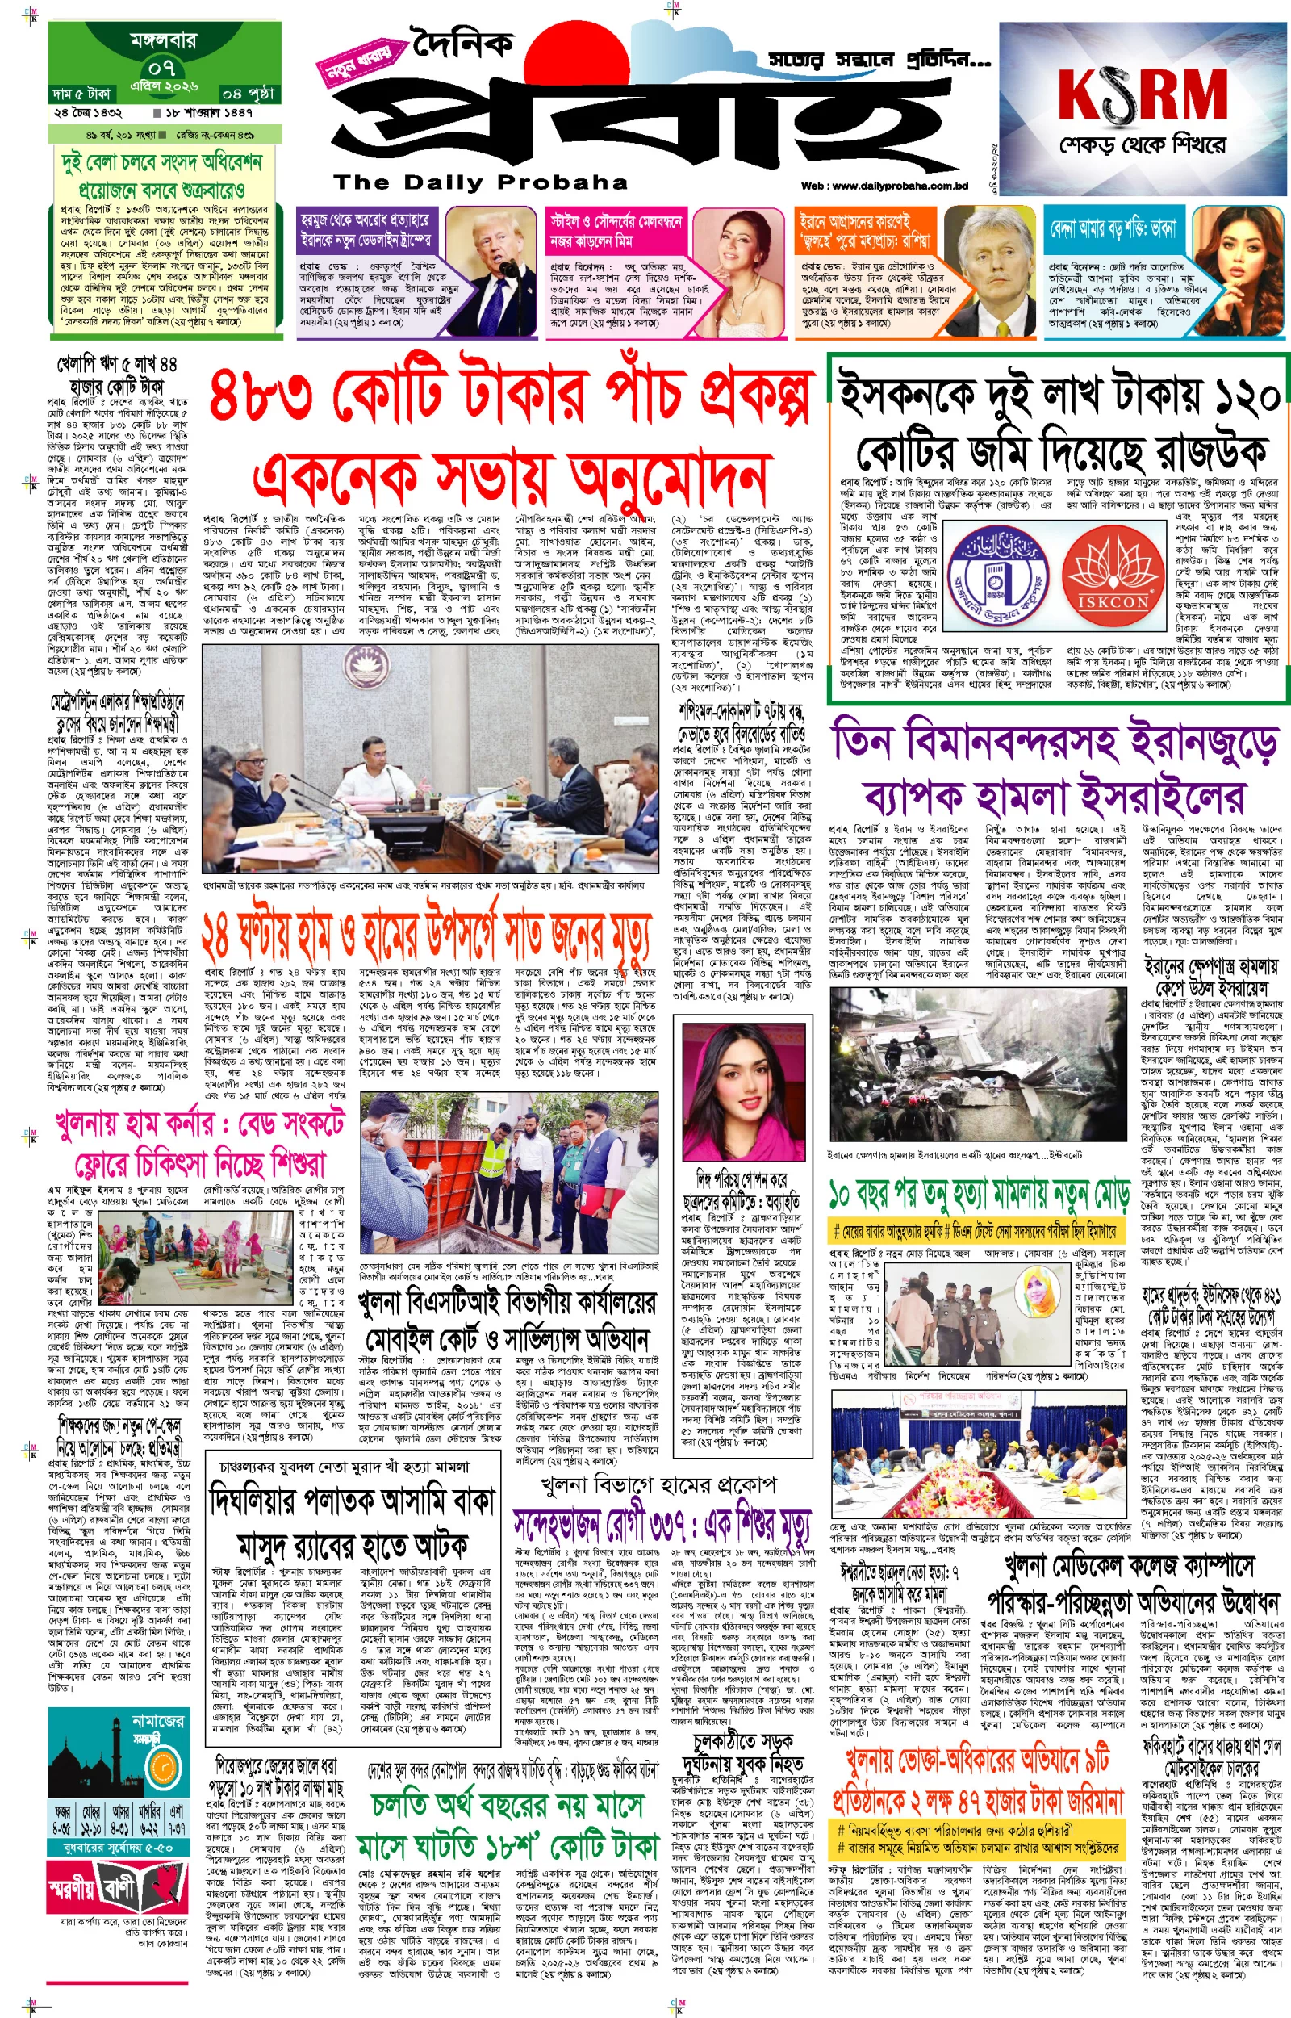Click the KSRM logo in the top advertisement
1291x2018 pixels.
[x=1142, y=94]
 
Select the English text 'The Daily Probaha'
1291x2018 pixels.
[x=480, y=182]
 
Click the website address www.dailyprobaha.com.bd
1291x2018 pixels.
[x=896, y=186]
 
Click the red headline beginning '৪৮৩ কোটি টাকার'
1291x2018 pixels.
[x=512, y=396]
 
